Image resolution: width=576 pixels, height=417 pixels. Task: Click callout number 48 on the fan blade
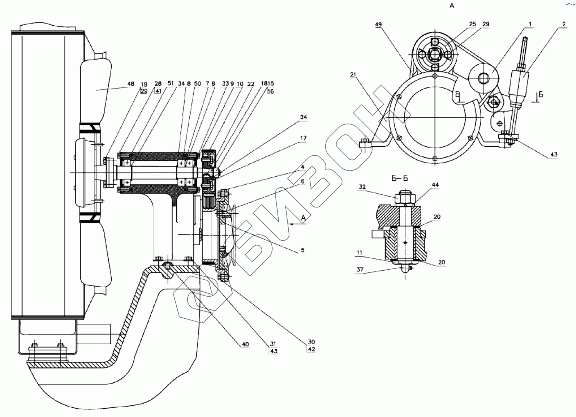[x=130, y=84]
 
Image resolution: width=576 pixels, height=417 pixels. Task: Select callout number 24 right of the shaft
[x=303, y=117]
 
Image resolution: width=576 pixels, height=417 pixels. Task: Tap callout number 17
[x=303, y=138]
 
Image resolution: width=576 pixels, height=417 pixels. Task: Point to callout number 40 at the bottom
[x=245, y=344]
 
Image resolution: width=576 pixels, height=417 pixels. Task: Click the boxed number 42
[x=311, y=349]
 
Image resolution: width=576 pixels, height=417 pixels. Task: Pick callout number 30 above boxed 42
[x=311, y=341]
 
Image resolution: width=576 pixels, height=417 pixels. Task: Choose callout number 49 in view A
[x=378, y=25]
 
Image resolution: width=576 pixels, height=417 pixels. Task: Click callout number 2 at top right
[x=563, y=25]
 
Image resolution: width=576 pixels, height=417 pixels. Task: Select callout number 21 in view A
[x=353, y=75]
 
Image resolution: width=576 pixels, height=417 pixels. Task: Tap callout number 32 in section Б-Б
[x=362, y=187]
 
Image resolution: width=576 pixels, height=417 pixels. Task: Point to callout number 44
[x=435, y=185]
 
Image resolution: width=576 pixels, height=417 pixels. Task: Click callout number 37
[x=360, y=270]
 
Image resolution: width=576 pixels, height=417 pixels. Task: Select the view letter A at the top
[x=452, y=5]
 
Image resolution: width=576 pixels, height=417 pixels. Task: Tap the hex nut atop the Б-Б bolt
[x=406, y=198]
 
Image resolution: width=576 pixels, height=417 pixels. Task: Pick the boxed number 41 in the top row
[x=158, y=91]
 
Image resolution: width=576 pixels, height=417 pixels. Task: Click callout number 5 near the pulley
[x=303, y=250]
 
